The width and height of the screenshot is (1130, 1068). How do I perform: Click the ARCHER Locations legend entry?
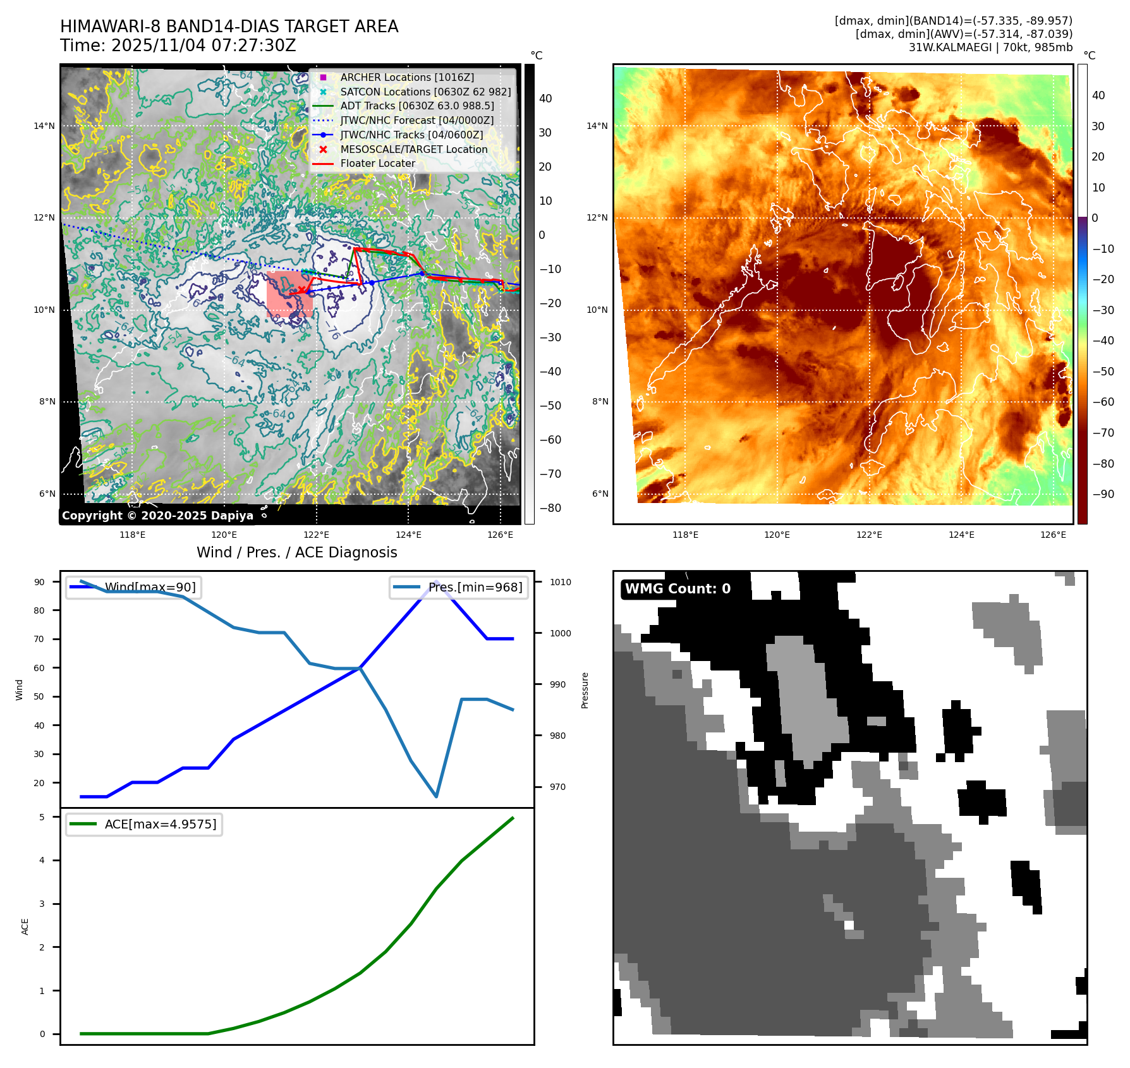[407, 77]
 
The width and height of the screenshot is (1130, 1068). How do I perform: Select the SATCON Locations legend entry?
[425, 92]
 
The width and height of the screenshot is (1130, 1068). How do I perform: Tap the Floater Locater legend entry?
[377, 163]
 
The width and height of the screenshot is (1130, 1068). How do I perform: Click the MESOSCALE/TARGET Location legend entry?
[413, 149]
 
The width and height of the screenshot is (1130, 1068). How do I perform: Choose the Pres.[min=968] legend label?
[475, 587]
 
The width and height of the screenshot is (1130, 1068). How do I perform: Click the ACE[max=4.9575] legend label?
[161, 824]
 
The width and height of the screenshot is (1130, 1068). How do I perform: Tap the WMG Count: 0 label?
[677, 589]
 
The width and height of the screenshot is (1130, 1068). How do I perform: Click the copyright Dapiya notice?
[157, 516]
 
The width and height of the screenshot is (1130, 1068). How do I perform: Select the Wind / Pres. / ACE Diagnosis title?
[297, 552]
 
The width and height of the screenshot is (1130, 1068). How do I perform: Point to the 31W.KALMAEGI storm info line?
[990, 47]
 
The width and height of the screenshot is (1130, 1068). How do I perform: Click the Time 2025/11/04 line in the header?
[178, 46]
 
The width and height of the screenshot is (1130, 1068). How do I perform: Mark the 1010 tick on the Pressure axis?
[560, 582]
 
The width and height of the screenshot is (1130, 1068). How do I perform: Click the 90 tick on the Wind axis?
[40, 582]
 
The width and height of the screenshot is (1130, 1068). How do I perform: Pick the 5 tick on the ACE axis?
[42, 817]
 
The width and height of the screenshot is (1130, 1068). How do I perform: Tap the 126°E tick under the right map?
[1053, 535]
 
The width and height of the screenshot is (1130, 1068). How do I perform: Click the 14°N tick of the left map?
[44, 126]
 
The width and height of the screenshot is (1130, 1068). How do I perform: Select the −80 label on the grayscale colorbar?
[550, 508]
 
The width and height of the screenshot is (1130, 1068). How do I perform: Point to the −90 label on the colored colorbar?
[1103, 494]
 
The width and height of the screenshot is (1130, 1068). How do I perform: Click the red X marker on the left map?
[302, 291]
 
